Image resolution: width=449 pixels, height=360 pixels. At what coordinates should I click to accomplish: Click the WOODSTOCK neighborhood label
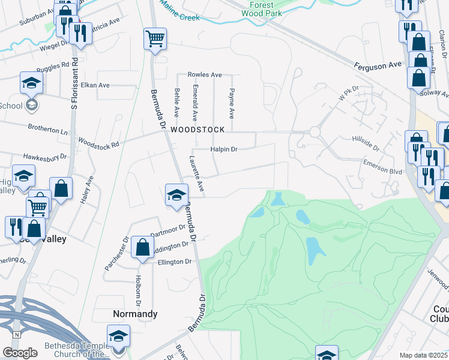coord(197,130)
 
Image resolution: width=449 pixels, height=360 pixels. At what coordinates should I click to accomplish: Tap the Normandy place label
coord(136,314)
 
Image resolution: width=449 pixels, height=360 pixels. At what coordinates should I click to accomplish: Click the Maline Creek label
coord(180,18)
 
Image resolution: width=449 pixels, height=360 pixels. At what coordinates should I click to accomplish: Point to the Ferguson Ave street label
coord(377,64)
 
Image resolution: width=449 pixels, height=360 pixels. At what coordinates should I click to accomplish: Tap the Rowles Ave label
coord(205,75)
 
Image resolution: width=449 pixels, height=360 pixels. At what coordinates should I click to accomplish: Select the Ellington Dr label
coord(174,262)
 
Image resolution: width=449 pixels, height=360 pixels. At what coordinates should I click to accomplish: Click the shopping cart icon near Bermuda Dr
coord(155,39)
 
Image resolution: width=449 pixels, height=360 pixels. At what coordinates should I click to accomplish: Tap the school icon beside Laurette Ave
coord(176,195)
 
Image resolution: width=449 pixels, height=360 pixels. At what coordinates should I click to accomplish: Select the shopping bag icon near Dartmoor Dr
coord(142,247)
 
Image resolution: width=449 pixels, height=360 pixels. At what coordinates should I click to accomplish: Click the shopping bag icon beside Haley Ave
coord(61,188)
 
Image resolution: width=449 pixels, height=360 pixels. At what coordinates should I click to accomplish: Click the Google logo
coord(20,353)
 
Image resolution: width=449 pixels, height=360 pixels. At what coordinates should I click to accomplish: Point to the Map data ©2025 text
coord(423,355)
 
